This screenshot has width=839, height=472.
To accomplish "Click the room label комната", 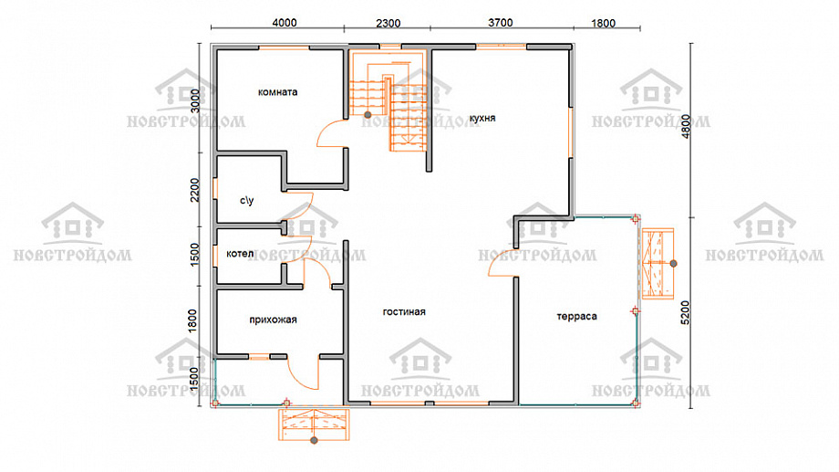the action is (x=277, y=92).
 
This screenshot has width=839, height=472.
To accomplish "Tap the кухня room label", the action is (x=482, y=118).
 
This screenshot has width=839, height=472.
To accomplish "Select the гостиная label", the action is (x=404, y=312).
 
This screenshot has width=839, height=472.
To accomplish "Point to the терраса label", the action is (x=576, y=316).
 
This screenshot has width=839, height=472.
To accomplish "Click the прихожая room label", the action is (x=273, y=320).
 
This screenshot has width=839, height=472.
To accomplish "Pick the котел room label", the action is (x=240, y=254).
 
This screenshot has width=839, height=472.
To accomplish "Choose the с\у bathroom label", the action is (x=246, y=200).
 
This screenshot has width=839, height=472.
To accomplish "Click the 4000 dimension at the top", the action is (x=285, y=23).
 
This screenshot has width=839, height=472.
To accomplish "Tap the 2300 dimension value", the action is (x=388, y=23).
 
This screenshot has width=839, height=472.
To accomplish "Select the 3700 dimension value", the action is (x=501, y=23).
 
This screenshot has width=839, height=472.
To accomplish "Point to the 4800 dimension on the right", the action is (x=686, y=126).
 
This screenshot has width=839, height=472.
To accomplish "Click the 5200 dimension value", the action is (x=686, y=312).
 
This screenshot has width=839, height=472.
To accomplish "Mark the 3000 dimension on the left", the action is (x=195, y=100).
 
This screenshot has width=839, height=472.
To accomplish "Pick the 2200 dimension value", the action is (x=195, y=190).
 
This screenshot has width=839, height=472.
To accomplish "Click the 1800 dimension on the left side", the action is (x=193, y=320).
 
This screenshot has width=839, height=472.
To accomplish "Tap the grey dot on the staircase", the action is (x=368, y=115).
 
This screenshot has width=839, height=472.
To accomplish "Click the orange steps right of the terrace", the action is (x=658, y=264).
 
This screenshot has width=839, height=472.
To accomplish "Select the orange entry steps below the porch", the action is (x=314, y=425).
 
